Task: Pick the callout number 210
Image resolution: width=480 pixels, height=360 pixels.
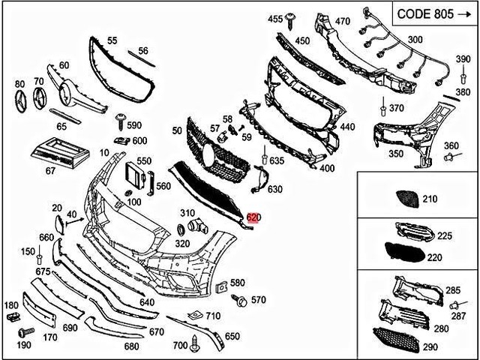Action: pos(429,199)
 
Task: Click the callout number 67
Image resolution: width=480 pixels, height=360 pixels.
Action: pos(50,171)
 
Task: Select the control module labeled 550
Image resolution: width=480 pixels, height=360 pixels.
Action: pos(135,174)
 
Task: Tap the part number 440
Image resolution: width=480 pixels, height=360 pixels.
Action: pos(347,128)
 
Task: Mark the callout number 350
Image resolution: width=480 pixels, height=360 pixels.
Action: pos(396,154)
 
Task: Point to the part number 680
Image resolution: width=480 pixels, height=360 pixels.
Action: pos(131,346)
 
